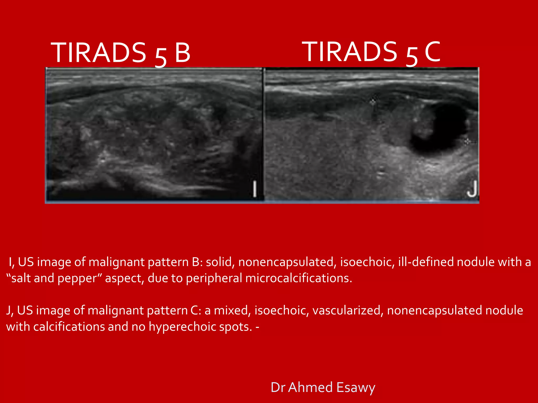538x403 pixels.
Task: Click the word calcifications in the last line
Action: pos(69,327)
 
